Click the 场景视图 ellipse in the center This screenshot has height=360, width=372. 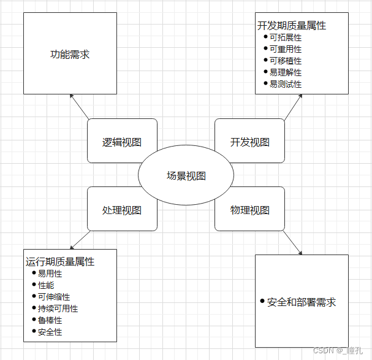186,176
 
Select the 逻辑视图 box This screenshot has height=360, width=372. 122,142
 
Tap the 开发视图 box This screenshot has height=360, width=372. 249,142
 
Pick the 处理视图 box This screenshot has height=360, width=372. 122,210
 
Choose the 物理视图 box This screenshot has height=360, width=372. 249,210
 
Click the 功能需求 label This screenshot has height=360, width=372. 70,55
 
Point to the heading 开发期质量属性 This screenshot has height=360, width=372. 291,26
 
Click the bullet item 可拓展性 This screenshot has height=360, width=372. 286,37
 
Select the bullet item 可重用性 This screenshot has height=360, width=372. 286,49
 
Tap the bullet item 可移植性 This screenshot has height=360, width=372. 286,61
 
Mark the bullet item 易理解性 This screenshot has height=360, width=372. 286,72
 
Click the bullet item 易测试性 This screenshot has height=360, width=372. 286,84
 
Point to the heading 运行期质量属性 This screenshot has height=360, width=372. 60,262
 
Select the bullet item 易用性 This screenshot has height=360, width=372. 50,274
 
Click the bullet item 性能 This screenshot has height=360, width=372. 46,286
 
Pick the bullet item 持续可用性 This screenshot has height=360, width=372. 58,309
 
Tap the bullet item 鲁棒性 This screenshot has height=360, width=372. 50,321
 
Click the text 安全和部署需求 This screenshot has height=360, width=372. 302,302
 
